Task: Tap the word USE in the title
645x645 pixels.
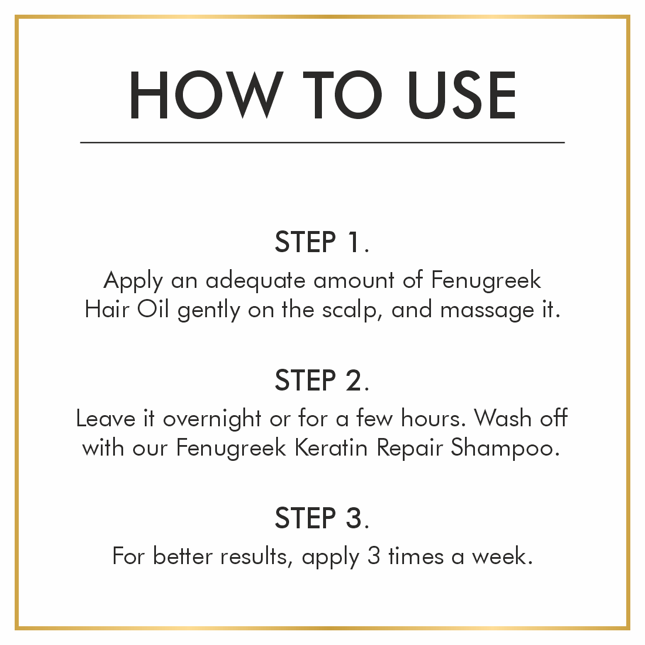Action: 461,95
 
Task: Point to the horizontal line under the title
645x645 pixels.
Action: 322,142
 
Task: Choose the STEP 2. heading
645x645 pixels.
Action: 322,380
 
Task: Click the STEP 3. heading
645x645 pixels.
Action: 322,518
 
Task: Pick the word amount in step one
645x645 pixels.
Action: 354,281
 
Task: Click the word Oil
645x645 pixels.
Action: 152,309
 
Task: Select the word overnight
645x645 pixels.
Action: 212,420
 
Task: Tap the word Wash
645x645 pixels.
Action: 503,418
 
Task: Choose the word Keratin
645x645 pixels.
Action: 331,447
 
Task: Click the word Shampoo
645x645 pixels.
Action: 502,449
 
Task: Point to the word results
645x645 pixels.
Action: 253,557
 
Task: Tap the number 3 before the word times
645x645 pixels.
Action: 374,556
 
